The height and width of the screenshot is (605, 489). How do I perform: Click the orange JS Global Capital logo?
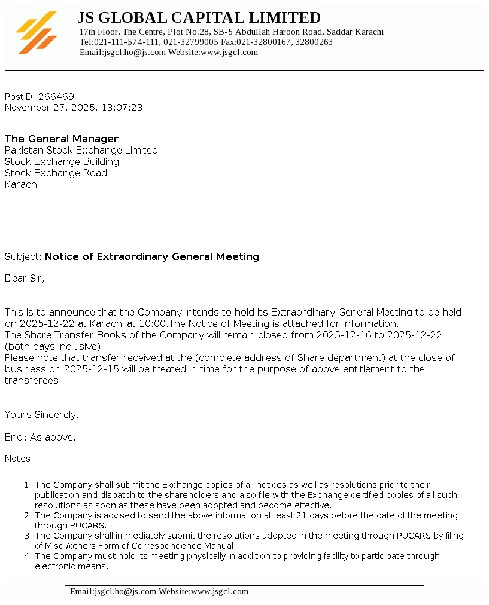point(37,32)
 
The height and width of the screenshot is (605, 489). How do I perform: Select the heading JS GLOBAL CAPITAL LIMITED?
point(199,17)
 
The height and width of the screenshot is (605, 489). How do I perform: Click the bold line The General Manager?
point(62,139)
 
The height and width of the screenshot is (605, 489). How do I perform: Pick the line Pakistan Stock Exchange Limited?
point(81,151)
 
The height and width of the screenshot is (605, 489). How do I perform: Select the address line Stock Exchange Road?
point(56,173)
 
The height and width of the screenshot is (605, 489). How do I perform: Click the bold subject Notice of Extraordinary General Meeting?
point(152,257)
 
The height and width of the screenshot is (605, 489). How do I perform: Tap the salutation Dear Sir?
point(25,278)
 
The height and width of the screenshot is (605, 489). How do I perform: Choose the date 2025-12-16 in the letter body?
point(344,335)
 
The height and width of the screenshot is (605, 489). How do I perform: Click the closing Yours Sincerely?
point(42,415)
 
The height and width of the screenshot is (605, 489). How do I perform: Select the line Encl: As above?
point(40,438)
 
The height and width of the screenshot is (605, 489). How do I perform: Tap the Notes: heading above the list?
point(19,459)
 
